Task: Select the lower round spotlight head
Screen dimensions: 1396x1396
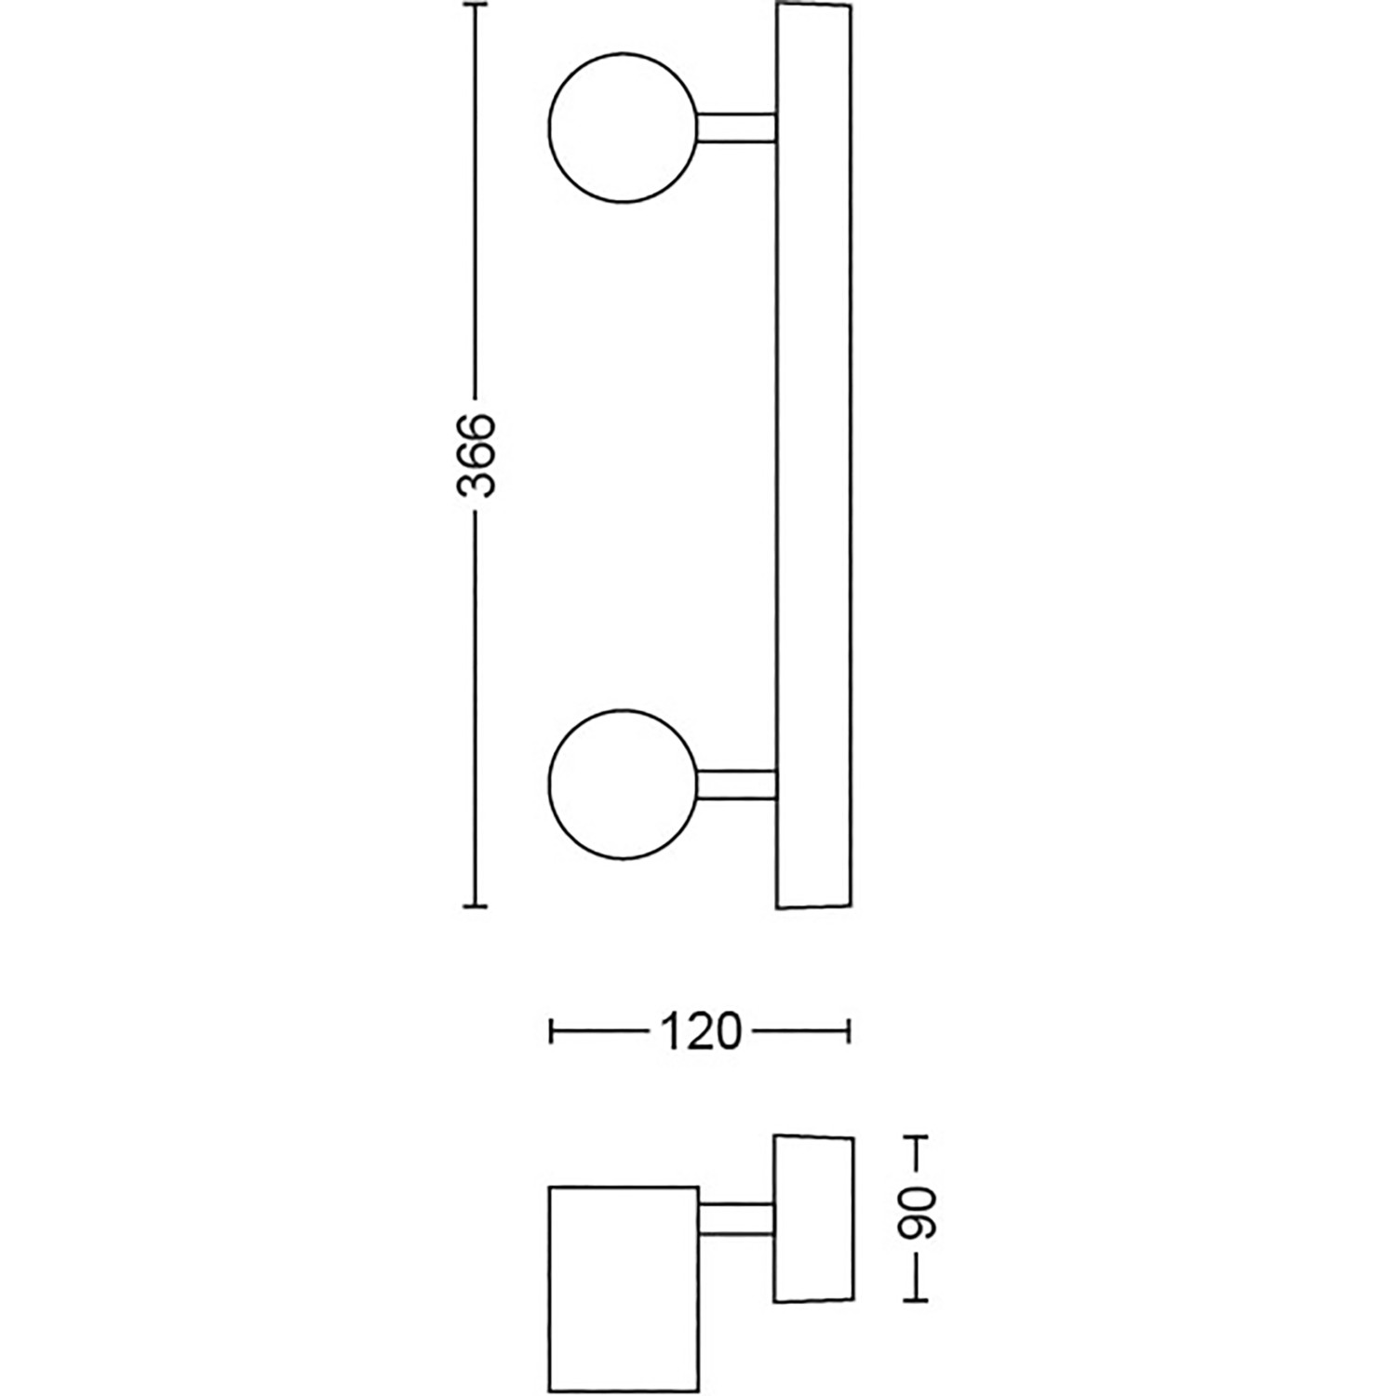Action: (623, 785)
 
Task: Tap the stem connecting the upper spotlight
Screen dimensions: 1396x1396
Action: (736, 128)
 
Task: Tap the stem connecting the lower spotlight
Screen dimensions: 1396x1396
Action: (736, 785)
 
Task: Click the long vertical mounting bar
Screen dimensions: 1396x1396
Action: (813, 455)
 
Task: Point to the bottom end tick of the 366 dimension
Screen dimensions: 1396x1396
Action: (476, 905)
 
